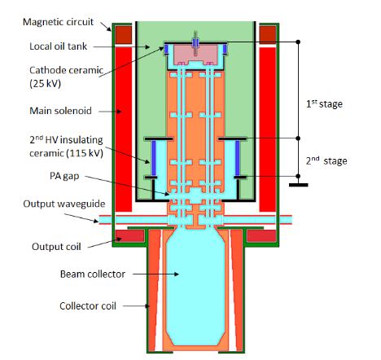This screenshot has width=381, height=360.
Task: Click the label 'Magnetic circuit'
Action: (58, 22)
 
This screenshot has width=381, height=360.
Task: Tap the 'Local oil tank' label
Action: (59, 46)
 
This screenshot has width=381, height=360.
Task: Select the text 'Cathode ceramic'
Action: (66, 70)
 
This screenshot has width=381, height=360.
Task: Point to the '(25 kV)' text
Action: (45, 83)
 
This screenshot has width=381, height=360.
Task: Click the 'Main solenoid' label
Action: (60, 111)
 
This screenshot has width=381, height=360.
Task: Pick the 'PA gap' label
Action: (64, 176)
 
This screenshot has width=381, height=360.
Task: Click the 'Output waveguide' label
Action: (64, 204)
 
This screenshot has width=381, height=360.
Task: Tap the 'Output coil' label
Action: (56, 247)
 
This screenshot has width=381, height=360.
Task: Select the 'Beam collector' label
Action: (93, 274)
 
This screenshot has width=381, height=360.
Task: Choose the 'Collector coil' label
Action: (88, 306)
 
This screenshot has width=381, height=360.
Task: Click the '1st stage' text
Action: (324, 103)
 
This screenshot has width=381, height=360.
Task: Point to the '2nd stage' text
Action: (326, 160)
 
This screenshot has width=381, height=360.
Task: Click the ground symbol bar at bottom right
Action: (298, 185)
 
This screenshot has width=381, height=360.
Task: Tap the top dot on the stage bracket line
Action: (298, 42)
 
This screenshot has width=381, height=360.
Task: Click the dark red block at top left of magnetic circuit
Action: (124, 34)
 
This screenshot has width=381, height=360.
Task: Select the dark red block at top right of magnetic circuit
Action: (268, 34)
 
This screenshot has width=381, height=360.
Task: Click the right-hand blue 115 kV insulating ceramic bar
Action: (238, 158)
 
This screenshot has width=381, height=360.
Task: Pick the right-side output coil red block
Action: (261, 235)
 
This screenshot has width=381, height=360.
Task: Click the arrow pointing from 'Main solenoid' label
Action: (110, 112)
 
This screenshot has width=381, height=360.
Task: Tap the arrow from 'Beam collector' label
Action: (155, 274)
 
